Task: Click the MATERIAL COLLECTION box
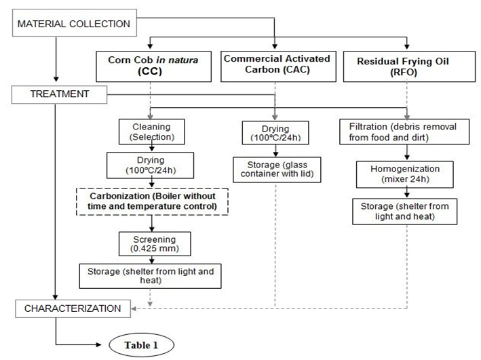pyautogui.click(x=74, y=24)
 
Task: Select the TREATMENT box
pyautogui.click(x=60, y=94)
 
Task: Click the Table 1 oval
pyautogui.click(x=140, y=344)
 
